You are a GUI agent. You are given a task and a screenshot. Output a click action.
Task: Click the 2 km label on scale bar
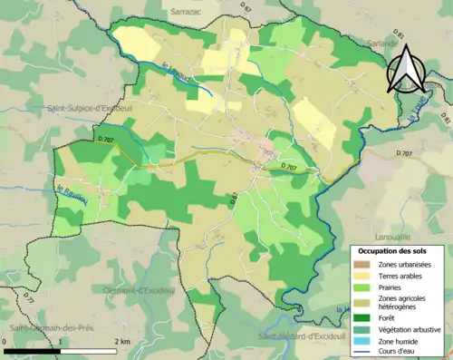pyautogui.click(x=123, y=342)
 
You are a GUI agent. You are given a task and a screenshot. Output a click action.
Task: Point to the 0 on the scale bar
pyautogui.click(x=6, y=342)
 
